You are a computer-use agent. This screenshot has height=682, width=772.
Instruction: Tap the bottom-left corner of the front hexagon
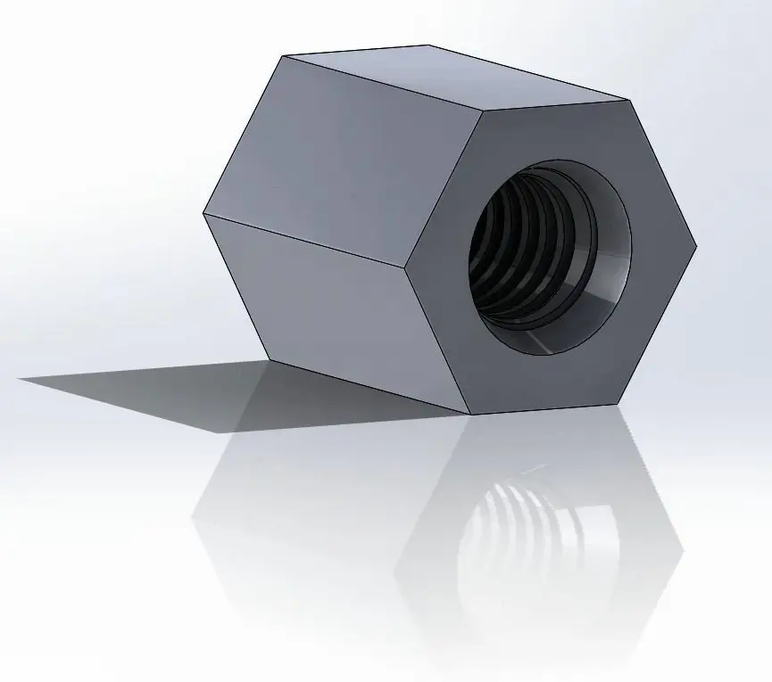click(469, 415)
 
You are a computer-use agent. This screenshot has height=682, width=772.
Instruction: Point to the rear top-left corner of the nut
click(284, 57)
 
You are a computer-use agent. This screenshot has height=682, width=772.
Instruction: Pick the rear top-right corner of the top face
click(428, 45)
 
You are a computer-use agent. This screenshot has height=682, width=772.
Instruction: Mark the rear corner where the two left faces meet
click(203, 214)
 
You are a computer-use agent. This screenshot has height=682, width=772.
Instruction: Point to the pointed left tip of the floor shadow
click(20, 379)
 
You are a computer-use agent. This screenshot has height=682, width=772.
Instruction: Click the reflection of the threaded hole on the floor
click(527, 535)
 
